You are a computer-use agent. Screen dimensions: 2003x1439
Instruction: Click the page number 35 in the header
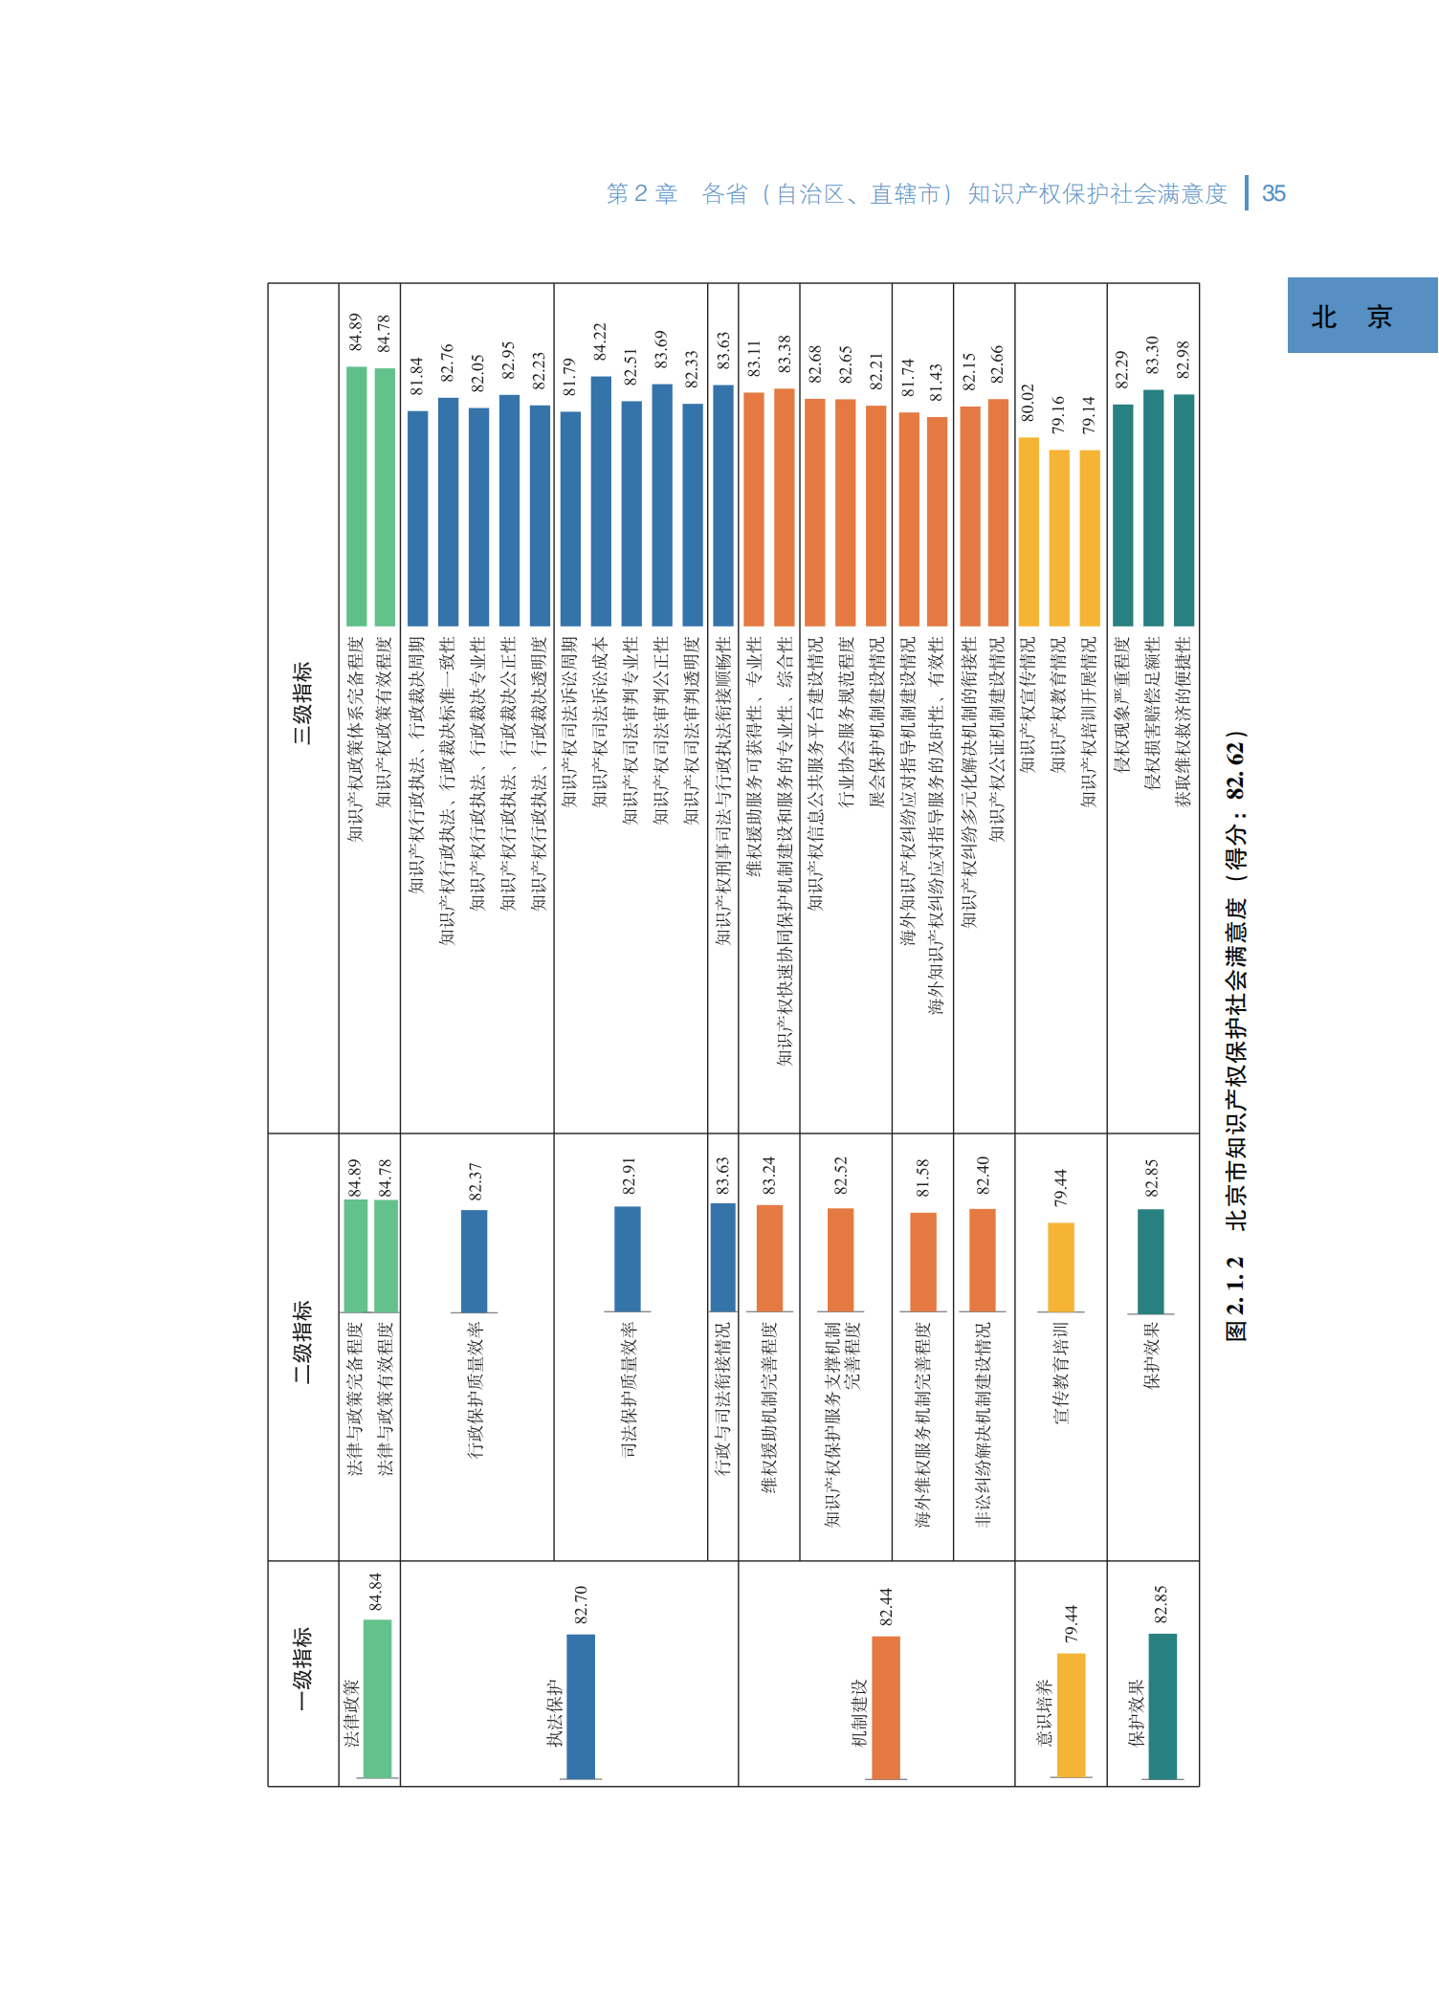coord(1273,194)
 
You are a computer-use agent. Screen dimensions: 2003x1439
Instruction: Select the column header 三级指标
coord(302,703)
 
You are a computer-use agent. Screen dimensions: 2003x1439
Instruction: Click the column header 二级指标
coord(302,1341)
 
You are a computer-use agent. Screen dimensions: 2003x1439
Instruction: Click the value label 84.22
coord(600,341)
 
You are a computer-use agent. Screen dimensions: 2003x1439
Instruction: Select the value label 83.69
coord(661,349)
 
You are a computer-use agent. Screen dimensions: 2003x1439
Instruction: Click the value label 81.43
coord(937,382)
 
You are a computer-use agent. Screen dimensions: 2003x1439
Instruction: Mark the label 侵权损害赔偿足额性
coord(1153,714)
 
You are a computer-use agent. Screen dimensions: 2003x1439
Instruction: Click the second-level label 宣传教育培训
coord(1060,1373)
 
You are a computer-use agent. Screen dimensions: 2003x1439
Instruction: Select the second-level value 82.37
coord(476,1181)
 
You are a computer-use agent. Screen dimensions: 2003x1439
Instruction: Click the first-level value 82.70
coord(581,1604)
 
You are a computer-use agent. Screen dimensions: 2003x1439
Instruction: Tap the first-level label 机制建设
coord(859,1712)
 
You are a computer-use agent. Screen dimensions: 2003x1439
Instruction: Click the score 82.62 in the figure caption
coord(1236,770)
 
